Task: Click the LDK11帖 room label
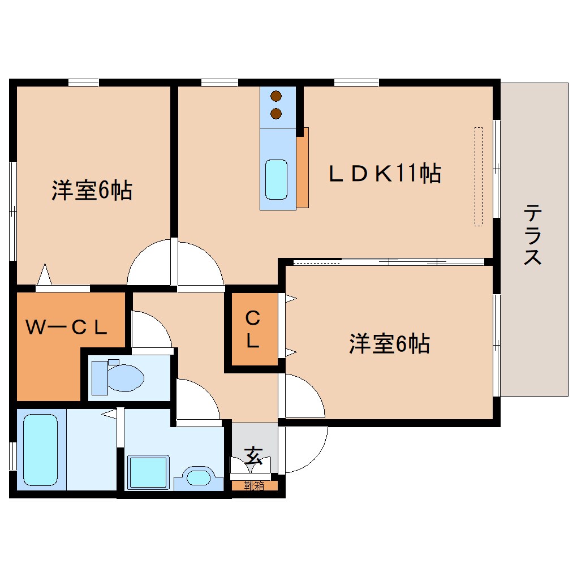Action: tap(385, 174)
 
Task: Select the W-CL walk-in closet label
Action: tap(67, 327)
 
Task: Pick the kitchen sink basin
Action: tap(277, 179)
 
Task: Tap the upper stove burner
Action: tap(276, 97)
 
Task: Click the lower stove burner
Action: tap(276, 114)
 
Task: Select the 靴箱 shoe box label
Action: tap(254, 485)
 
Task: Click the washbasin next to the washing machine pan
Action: tap(198, 477)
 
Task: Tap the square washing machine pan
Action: tap(148, 472)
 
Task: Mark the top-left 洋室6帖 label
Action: tap(92, 191)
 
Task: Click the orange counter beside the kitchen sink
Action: tap(303, 168)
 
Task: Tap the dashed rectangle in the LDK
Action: tap(478, 176)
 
